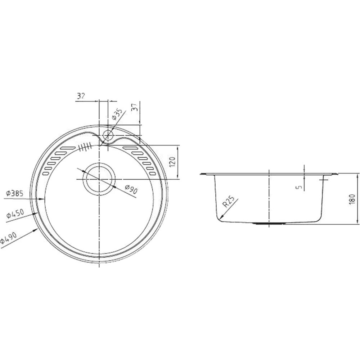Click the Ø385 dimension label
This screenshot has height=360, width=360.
(15, 193)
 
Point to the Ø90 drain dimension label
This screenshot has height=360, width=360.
(131, 189)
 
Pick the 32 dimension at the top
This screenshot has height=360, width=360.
(80, 96)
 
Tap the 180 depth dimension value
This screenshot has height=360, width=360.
(352, 199)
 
